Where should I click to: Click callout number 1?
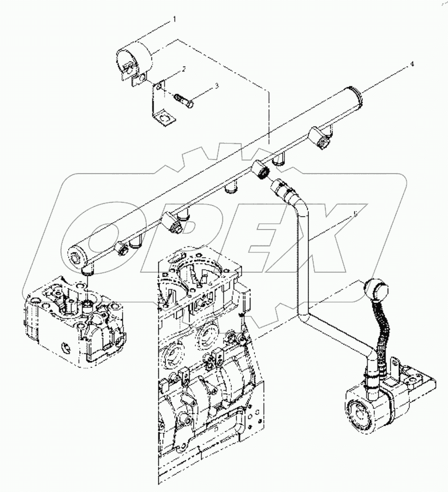174,20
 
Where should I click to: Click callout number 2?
184,69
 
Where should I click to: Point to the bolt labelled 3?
182,100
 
